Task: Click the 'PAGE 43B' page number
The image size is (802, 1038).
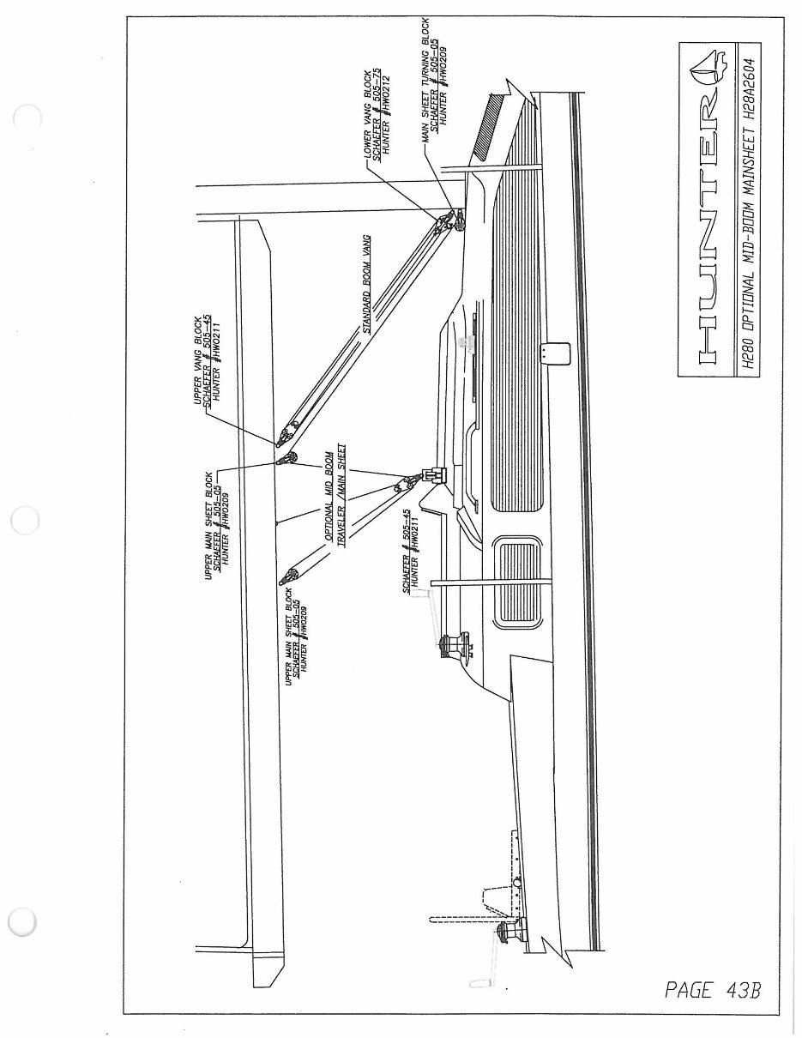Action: coord(712,990)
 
